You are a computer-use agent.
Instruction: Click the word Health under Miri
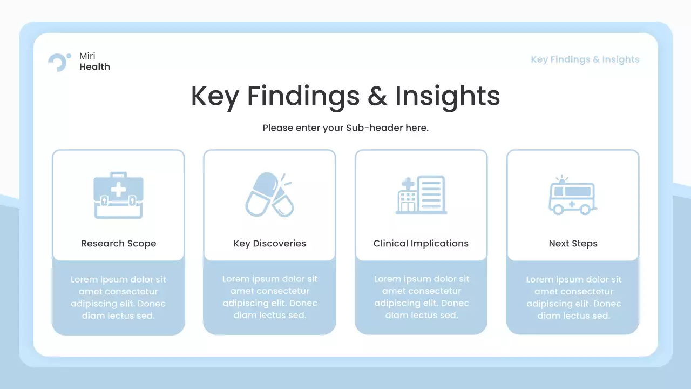[x=94, y=67]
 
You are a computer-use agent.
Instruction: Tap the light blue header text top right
[x=585, y=59]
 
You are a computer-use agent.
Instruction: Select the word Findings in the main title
[x=303, y=96]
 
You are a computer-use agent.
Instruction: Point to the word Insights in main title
[x=448, y=96]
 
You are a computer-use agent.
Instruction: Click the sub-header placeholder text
[x=345, y=128]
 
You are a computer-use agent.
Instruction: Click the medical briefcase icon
[x=118, y=195]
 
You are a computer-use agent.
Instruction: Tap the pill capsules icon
[x=269, y=195]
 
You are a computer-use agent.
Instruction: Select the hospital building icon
[x=421, y=195]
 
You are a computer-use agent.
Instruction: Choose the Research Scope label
[x=118, y=244]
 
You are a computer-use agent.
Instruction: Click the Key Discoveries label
[x=269, y=244]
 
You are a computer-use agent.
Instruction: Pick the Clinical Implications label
[x=421, y=244]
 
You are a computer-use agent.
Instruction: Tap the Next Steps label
[x=573, y=244]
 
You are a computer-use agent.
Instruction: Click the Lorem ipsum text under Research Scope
[x=118, y=298]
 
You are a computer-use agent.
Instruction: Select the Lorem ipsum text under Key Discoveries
[x=269, y=297]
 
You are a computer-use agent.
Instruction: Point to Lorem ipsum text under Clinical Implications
[x=421, y=297]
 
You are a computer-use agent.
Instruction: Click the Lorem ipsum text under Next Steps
[x=573, y=298]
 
